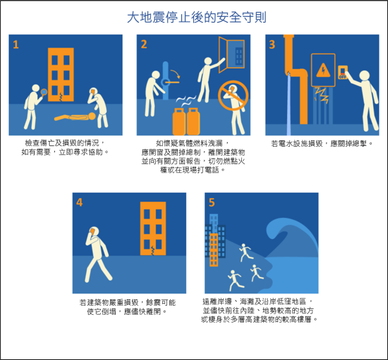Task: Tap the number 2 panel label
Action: pos(144,45)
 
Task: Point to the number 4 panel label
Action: pos(80,202)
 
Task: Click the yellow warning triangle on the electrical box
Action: pos(323,70)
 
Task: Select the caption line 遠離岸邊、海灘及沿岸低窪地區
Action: pos(256,302)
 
